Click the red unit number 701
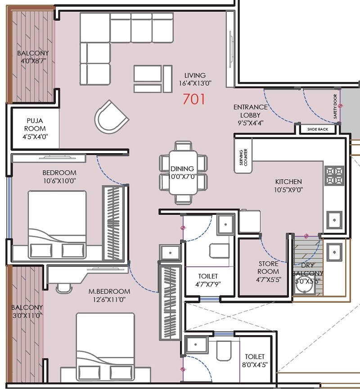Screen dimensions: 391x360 click(x=194, y=98)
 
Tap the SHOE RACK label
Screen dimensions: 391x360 click(x=317, y=129)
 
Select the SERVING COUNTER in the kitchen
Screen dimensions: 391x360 click(x=243, y=155)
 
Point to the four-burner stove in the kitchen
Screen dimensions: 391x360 click(x=334, y=176)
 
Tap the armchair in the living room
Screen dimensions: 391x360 click(x=110, y=116)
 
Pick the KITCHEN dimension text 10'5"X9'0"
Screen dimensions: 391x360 click(x=288, y=190)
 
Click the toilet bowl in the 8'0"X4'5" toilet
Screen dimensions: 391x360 click(x=223, y=350)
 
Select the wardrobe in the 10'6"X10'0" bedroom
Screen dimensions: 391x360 click(x=114, y=222)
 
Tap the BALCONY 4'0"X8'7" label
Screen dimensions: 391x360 click(x=33, y=57)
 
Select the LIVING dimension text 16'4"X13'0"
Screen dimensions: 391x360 click(x=195, y=83)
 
